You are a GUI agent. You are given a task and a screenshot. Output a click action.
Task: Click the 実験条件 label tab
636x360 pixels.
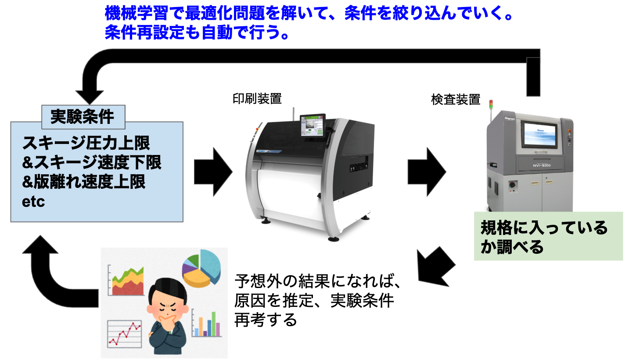coord(82,116)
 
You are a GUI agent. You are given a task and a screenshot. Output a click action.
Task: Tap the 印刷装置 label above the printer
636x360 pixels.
coord(257,98)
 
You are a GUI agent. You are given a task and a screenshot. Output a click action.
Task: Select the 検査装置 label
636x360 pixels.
coord(456,100)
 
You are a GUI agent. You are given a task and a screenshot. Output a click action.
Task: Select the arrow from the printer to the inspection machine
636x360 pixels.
coord(426,171)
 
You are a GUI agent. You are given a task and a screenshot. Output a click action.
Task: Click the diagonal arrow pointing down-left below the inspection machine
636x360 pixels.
coord(435,266)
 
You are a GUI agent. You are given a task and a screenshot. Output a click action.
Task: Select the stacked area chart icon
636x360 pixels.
coord(128,281)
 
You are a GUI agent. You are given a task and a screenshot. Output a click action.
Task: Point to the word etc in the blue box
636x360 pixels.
coord(34,202)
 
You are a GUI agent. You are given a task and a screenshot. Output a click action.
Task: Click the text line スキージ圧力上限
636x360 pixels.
coord(86,143)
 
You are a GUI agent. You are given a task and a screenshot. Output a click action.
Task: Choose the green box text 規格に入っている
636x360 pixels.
coord(544,228)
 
